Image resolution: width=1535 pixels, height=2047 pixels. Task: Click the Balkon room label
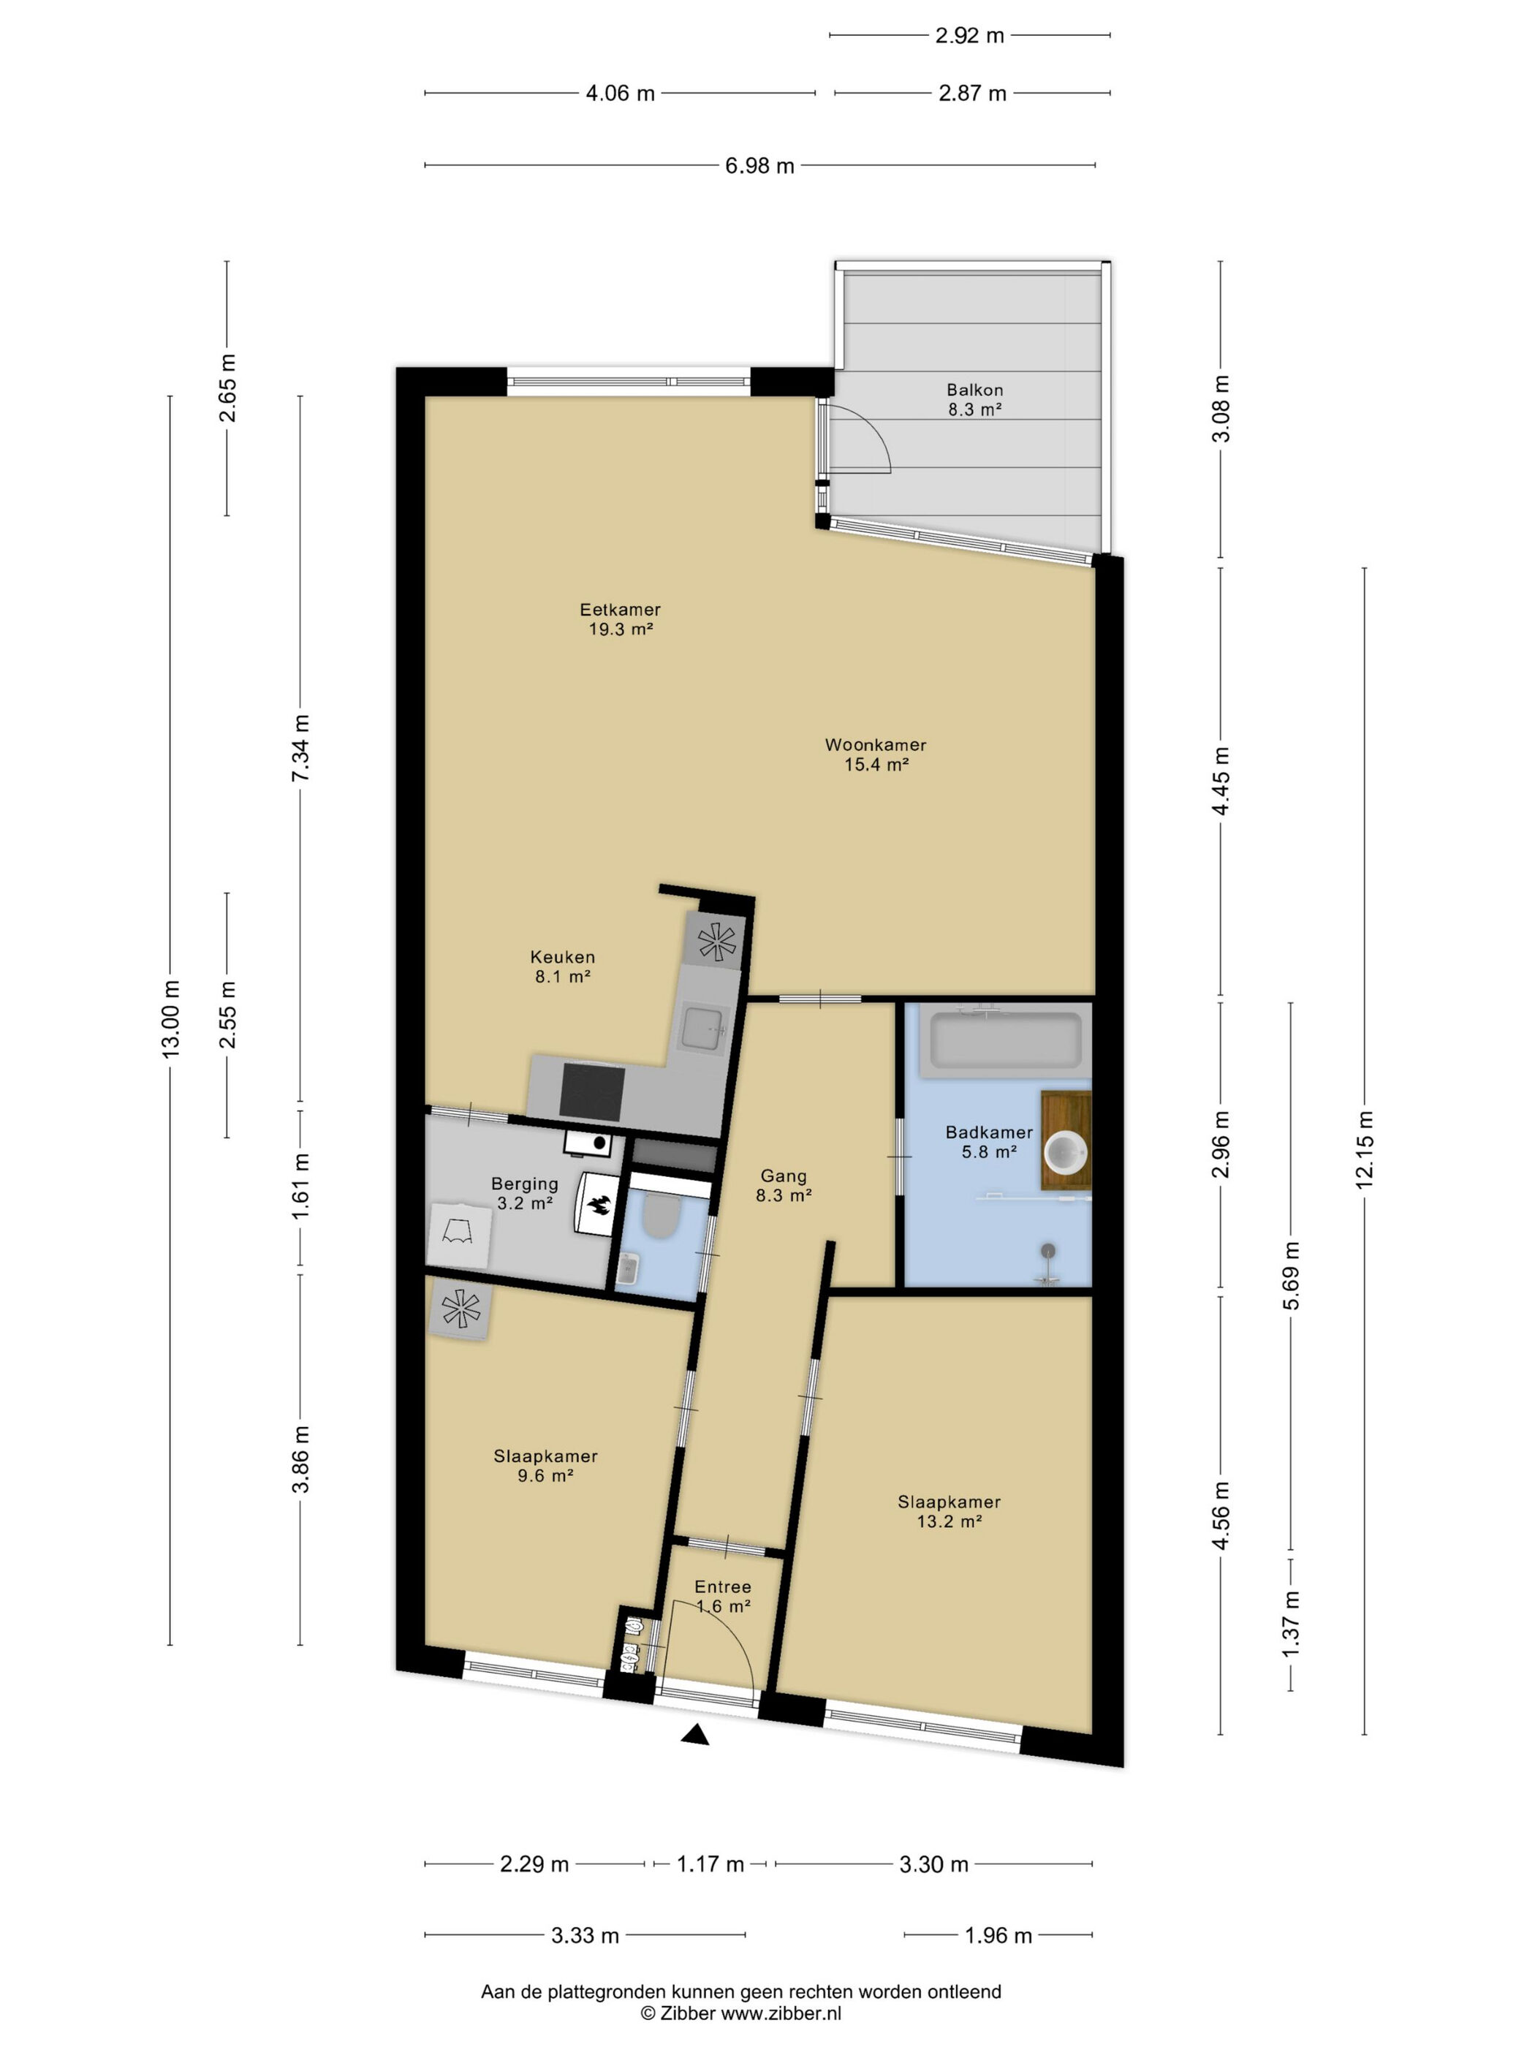tap(974, 390)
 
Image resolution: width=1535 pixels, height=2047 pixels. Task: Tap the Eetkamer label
tap(620, 610)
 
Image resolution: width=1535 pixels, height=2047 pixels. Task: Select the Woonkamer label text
tap(875, 745)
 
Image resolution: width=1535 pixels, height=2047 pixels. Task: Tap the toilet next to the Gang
tap(661, 1216)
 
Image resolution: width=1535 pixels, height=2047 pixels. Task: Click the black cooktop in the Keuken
tap(592, 1091)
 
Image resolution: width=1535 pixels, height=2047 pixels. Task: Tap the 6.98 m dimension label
tap(759, 167)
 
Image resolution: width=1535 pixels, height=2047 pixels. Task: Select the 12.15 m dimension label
tap(1365, 1149)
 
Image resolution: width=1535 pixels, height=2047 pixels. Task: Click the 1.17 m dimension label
tap(710, 1864)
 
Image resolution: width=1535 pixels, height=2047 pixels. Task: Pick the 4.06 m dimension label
tap(620, 94)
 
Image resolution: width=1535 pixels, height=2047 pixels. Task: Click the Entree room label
tap(723, 1587)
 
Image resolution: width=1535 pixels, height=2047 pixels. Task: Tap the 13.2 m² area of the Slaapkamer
tap(948, 1521)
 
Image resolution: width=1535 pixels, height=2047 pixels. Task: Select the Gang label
tap(783, 1176)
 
